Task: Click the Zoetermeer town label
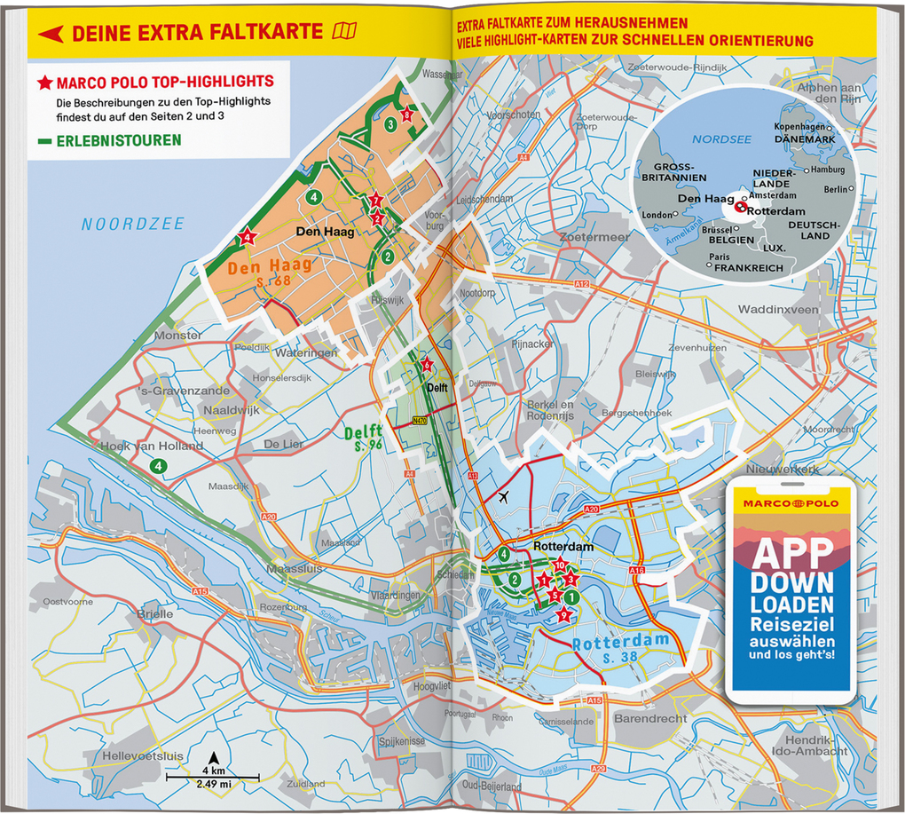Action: coord(594,237)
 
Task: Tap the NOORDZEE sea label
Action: coord(133,225)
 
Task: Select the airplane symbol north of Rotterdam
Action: coord(505,496)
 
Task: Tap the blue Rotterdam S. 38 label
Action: coord(620,649)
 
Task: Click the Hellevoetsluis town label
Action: coord(143,755)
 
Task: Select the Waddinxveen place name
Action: coord(778,310)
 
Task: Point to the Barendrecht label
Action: coord(651,717)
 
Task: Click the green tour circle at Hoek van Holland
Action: coord(158,465)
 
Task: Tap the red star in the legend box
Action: coord(44,83)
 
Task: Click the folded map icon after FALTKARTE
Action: coord(343,33)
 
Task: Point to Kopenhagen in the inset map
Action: coord(799,127)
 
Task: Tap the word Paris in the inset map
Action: coord(720,257)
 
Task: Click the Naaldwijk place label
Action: coord(230,412)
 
